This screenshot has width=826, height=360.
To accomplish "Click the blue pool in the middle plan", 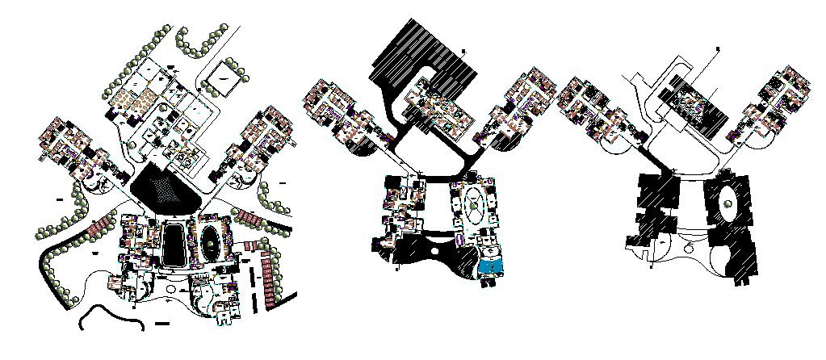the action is pos(490,266).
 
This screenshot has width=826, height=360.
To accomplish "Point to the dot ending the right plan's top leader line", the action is pos(717,50).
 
